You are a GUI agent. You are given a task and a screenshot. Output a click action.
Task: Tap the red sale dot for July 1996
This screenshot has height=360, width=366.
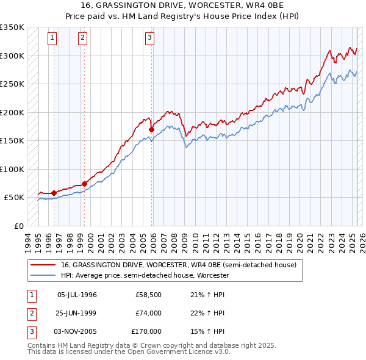tap(54, 193)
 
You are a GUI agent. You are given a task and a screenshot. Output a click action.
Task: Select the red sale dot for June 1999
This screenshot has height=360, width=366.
tap(84, 184)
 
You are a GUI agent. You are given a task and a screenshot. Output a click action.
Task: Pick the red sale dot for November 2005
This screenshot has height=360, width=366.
tap(151, 129)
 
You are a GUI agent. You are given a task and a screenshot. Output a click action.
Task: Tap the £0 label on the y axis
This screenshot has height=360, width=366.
tap(19, 226)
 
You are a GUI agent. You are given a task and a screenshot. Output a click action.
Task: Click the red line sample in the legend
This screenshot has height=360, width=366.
tap(43, 265)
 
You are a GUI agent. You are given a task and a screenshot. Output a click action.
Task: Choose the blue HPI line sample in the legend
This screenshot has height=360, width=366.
tap(43, 275)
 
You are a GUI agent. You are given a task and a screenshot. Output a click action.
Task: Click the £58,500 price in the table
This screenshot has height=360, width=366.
tap(148, 295)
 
